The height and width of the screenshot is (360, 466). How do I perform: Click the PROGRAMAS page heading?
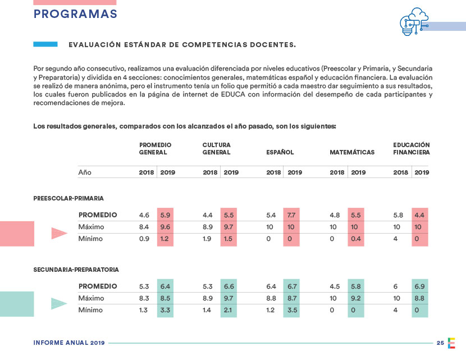click(75, 14)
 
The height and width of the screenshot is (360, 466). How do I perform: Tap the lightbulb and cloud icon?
click(413, 23)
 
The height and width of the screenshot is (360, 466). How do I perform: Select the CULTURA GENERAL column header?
click(216, 148)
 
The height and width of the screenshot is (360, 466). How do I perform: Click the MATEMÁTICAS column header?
click(352, 152)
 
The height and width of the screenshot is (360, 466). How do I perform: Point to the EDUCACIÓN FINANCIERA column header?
click(412, 148)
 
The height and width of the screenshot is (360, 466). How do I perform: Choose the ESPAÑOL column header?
click(280, 152)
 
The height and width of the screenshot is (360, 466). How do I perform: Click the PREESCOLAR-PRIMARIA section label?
click(68, 198)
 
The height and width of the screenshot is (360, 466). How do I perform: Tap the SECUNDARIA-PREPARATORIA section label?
click(76, 270)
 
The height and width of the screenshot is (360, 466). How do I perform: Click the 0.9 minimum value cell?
click(144, 239)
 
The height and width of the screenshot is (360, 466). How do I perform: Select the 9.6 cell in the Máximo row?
click(165, 227)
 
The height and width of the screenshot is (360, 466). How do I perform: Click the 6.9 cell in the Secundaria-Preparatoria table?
click(419, 286)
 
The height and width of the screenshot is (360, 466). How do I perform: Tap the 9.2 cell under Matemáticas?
click(356, 298)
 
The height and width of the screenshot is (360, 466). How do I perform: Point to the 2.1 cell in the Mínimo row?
click(229, 310)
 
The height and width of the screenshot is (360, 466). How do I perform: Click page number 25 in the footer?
click(441, 343)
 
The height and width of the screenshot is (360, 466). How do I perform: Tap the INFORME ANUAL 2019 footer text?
click(69, 343)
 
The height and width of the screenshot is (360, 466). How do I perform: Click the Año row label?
click(85, 172)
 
